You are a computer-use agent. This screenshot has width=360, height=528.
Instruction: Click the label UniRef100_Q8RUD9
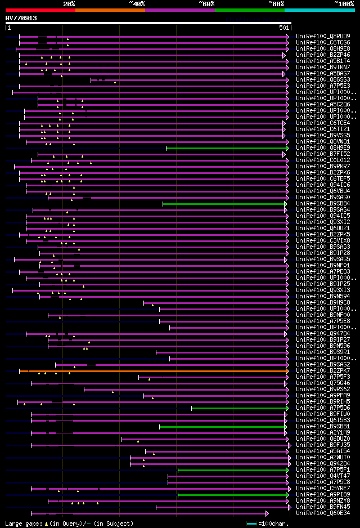323,36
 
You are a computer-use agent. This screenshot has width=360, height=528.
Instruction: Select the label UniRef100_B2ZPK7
323,371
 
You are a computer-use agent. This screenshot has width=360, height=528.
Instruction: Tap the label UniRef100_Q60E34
323,513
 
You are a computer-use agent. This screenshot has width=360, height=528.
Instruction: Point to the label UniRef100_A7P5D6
323,408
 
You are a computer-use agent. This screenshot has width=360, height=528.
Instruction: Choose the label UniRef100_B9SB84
323,204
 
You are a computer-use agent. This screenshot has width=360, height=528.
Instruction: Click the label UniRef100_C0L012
323,160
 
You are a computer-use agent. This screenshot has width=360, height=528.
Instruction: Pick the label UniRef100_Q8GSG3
323,80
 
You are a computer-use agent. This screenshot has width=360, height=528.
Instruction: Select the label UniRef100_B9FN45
323,507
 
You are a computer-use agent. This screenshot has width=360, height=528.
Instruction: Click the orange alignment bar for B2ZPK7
152,371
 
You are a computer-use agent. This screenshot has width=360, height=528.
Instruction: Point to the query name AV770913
21,18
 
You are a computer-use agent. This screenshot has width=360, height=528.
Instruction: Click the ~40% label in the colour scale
137,4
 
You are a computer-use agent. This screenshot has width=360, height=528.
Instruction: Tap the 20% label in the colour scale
69,4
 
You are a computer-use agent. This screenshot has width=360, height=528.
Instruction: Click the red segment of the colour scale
40,10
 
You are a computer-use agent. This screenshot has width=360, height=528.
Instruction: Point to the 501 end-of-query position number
283,27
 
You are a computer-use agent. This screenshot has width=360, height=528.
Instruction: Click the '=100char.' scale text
272,523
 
